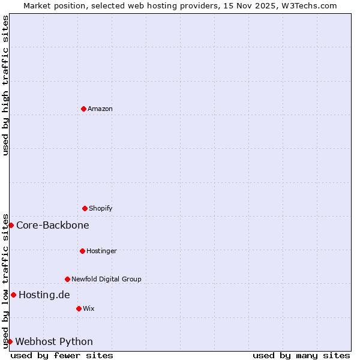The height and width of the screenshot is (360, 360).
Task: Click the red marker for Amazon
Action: coord(83,109)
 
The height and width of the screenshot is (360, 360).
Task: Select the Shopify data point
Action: coord(85,208)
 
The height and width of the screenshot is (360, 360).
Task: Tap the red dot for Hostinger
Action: coord(82,251)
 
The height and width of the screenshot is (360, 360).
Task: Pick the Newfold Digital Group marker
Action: coord(67,279)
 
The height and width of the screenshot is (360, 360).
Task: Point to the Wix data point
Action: coord(79,308)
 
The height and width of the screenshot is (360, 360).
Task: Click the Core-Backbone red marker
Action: coord(11,225)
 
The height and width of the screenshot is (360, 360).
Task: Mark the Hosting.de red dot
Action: coord(13,295)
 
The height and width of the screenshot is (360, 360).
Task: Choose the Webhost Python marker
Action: coord(10,341)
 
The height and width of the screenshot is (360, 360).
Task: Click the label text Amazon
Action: coord(100,109)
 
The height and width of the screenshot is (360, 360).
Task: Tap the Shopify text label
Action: coord(101,208)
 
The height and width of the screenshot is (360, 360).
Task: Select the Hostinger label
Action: coord(101,251)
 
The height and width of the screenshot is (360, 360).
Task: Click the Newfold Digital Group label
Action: coord(107,279)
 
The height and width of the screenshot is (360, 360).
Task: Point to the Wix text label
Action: coord(89,308)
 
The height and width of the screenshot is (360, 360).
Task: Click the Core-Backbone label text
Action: coord(53,225)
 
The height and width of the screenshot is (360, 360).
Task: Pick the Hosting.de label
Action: coord(44,295)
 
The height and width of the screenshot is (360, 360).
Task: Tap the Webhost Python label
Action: coord(54,341)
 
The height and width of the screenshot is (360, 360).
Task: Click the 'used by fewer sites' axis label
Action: coord(62,355)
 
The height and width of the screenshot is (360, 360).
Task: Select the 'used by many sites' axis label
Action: coord(301,355)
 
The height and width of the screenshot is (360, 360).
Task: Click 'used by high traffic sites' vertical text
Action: coord(5,85)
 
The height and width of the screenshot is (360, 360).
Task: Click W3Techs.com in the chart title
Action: coord(309,5)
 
